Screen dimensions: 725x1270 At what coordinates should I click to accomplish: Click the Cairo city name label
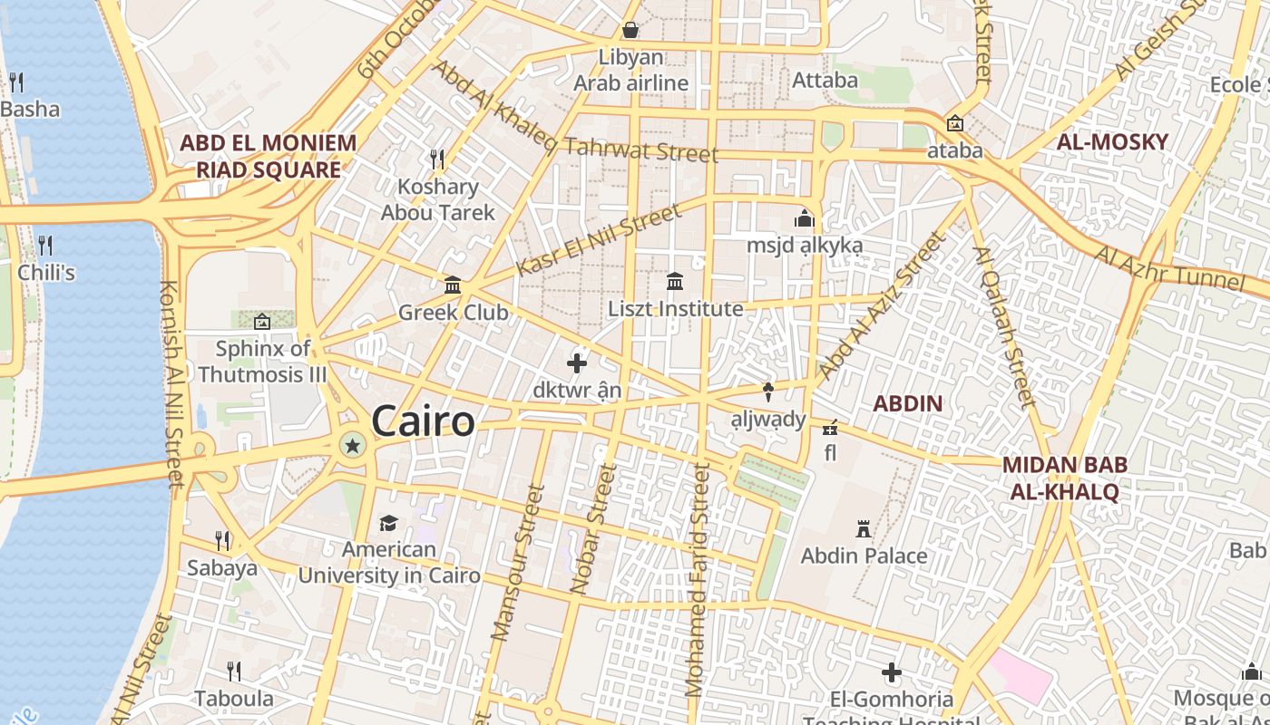click(x=423, y=422)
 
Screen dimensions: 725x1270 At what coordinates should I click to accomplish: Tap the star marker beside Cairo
click(x=352, y=445)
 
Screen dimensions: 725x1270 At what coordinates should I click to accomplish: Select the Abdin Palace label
click(x=864, y=556)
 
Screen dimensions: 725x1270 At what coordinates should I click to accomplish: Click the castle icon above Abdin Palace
click(x=864, y=528)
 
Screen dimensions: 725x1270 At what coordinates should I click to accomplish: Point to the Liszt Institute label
click(x=675, y=309)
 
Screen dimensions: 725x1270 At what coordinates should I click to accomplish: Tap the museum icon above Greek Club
click(x=453, y=286)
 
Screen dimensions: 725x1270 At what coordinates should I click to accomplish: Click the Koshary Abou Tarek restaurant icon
click(x=437, y=159)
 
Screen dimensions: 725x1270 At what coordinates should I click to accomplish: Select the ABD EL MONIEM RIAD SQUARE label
click(x=269, y=156)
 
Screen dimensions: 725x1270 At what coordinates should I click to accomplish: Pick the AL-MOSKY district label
click(x=1112, y=142)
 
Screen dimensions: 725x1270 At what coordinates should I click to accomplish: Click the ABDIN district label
click(x=907, y=404)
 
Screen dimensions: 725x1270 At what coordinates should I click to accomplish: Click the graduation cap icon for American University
click(x=388, y=523)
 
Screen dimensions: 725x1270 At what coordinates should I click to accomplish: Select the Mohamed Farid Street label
click(x=698, y=580)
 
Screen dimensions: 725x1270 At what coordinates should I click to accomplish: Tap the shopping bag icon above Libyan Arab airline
click(x=630, y=30)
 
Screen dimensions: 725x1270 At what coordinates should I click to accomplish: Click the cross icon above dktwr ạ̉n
click(x=577, y=364)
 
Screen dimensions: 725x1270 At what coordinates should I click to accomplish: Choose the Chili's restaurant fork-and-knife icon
click(x=45, y=245)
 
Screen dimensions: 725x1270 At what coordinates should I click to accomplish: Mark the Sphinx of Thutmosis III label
click(x=261, y=361)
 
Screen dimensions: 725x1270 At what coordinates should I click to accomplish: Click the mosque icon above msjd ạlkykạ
click(x=805, y=218)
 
